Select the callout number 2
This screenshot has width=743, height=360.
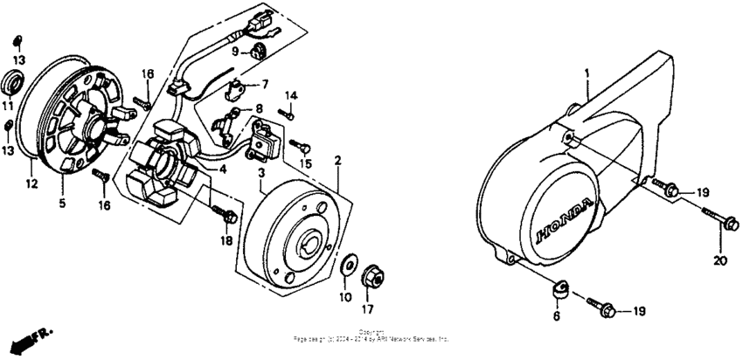[x=337, y=161]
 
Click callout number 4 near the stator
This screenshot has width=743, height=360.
[x=223, y=170]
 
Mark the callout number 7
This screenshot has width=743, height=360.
[x=260, y=85]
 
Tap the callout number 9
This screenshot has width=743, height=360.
[x=234, y=52]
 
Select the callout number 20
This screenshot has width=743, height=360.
[x=720, y=260]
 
